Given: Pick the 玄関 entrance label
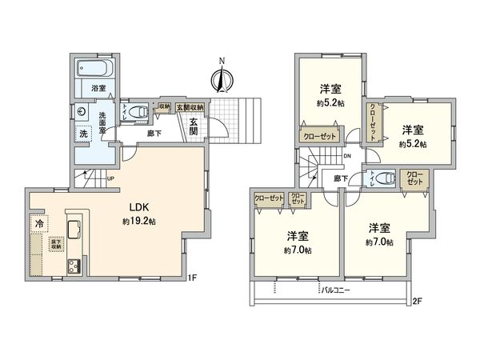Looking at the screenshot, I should click(194, 126).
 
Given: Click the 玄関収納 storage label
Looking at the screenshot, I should click(190, 106).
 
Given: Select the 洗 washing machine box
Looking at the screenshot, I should click(82, 133).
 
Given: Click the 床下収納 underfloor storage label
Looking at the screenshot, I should click(56, 246).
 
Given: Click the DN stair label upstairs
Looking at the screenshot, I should click(347, 156).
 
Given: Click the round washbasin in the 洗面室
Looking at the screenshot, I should click(82, 111).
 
